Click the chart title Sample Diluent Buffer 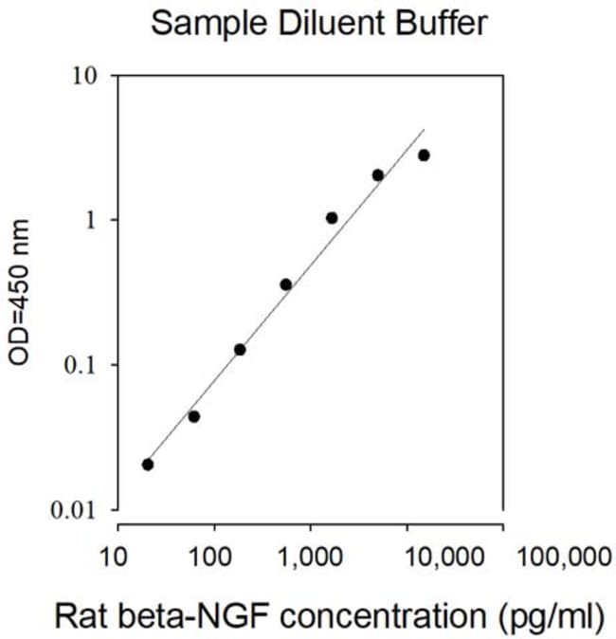319,24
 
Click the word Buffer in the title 442,23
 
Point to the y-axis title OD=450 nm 19,292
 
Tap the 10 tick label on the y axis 85,76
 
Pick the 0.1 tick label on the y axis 82,365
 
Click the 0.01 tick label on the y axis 73,510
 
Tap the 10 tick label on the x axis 114,557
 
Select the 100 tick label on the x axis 210,557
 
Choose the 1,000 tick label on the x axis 310,557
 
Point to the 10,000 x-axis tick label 444,557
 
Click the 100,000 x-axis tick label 564,557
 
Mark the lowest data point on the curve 148,465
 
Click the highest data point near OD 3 425,155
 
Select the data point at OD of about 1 332,218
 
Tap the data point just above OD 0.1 240,350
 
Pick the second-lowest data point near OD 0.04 194,416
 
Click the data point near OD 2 378,175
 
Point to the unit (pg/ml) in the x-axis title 552,617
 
